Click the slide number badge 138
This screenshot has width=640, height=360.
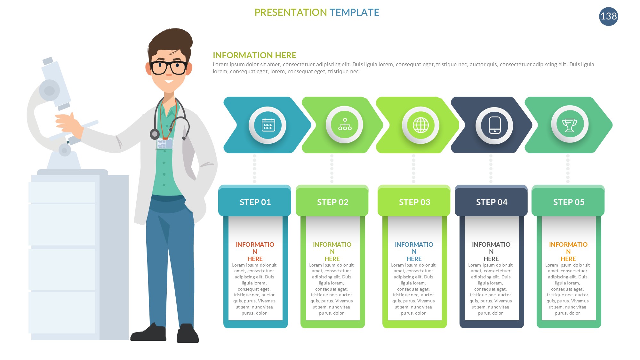(608, 16)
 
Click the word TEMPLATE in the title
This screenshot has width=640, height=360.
(354, 12)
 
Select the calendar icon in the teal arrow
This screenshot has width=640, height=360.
(268, 125)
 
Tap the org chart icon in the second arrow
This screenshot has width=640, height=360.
(345, 124)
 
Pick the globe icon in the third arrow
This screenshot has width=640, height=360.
(420, 125)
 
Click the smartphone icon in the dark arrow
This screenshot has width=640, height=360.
(495, 125)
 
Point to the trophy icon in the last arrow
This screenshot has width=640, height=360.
(569, 125)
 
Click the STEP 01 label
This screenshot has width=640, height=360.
(255, 202)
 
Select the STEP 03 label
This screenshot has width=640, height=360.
(414, 202)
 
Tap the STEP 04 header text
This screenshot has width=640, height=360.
(492, 202)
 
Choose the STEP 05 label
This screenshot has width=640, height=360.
(569, 202)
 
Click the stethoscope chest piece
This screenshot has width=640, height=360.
(155, 134)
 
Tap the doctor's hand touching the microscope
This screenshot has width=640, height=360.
(69, 123)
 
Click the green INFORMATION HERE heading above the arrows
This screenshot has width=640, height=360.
(254, 55)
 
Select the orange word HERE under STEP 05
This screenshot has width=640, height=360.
(568, 259)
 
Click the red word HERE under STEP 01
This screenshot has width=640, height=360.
(255, 259)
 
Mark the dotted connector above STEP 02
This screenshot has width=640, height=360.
(332, 169)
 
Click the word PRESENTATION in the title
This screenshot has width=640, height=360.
(291, 12)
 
